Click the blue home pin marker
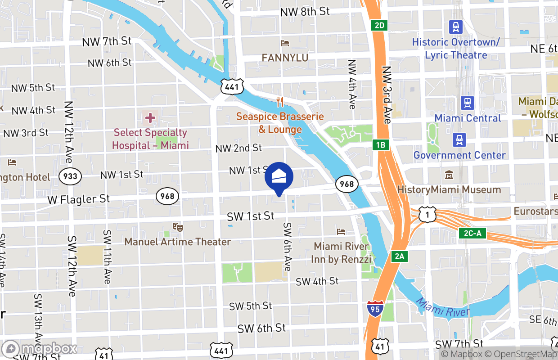click(x=279, y=177)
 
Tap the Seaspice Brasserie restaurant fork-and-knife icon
click(x=280, y=102)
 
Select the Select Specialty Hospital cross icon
click(x=150, y=118)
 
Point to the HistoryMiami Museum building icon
click(x=449, y=175)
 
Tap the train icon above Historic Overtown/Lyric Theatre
click(x=456, y=27)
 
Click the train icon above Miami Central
click(x=468, y=103)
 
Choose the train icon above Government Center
click(x=459, y=140)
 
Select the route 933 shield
click(x=71, y=176)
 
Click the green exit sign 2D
click(x=380, y=25)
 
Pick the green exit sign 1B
click(x=380, y=145)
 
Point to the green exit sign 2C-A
click(x=472, y=233)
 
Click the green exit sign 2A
click(x=399, y=256)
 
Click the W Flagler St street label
click(x=79, y=199)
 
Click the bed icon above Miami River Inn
click(x=341, y=232)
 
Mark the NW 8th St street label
click(x=305, y=12)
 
